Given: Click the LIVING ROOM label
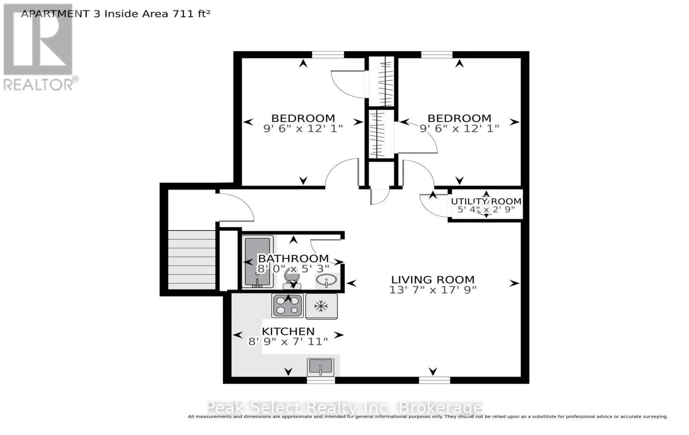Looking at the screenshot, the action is point(433,280).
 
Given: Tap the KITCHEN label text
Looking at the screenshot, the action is point(288,331).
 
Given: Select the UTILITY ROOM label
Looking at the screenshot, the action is point(486,201).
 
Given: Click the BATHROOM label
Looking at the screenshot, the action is point(293,259).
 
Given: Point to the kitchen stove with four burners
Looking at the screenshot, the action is point(288,305).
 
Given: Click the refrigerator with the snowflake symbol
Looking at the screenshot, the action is point(321,306).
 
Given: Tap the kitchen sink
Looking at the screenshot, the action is point(320,367).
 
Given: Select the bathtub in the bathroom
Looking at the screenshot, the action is point(258,262).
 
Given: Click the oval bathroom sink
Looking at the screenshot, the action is point(326,281).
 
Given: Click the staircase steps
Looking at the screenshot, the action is point(192,260).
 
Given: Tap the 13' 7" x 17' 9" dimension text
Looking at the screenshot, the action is point(433,290).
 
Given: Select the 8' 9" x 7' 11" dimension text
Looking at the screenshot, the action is point(288,342).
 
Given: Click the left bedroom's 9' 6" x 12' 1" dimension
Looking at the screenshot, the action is point(303,129).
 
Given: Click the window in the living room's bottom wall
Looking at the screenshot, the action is point(435,380).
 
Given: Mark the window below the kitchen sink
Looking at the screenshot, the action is point(321,380).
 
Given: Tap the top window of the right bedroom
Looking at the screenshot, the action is point(437,55).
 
